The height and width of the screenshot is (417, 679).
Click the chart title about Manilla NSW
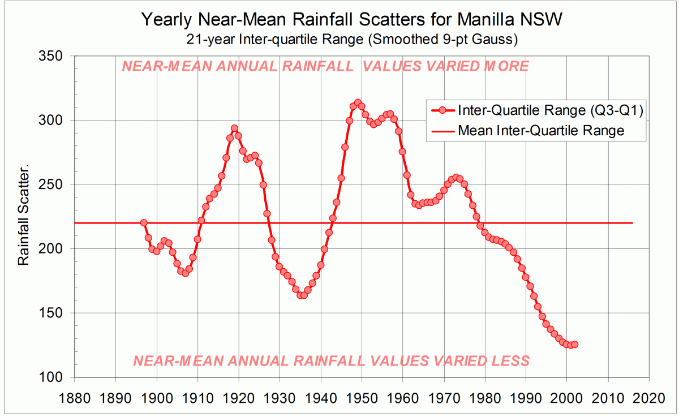click(x=352, y=20)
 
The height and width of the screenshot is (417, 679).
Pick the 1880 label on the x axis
click(x=74, y=393)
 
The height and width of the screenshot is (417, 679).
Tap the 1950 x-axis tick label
click(x=362, y=393)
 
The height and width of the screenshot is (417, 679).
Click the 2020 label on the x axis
click(x=649, y=393)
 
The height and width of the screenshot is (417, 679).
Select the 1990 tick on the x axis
click(x=526, y=393)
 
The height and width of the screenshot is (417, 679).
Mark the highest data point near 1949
click(x=358, y=103)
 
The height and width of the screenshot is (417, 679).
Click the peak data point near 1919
click(x=234, y=128)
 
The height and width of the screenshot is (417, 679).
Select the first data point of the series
click(x=144, y=223)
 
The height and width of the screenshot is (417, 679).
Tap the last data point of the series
click(x=575, y=344)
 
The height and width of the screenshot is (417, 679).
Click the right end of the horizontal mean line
click(x=632, y=223)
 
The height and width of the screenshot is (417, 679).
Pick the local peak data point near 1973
click(x=456, y=178)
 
